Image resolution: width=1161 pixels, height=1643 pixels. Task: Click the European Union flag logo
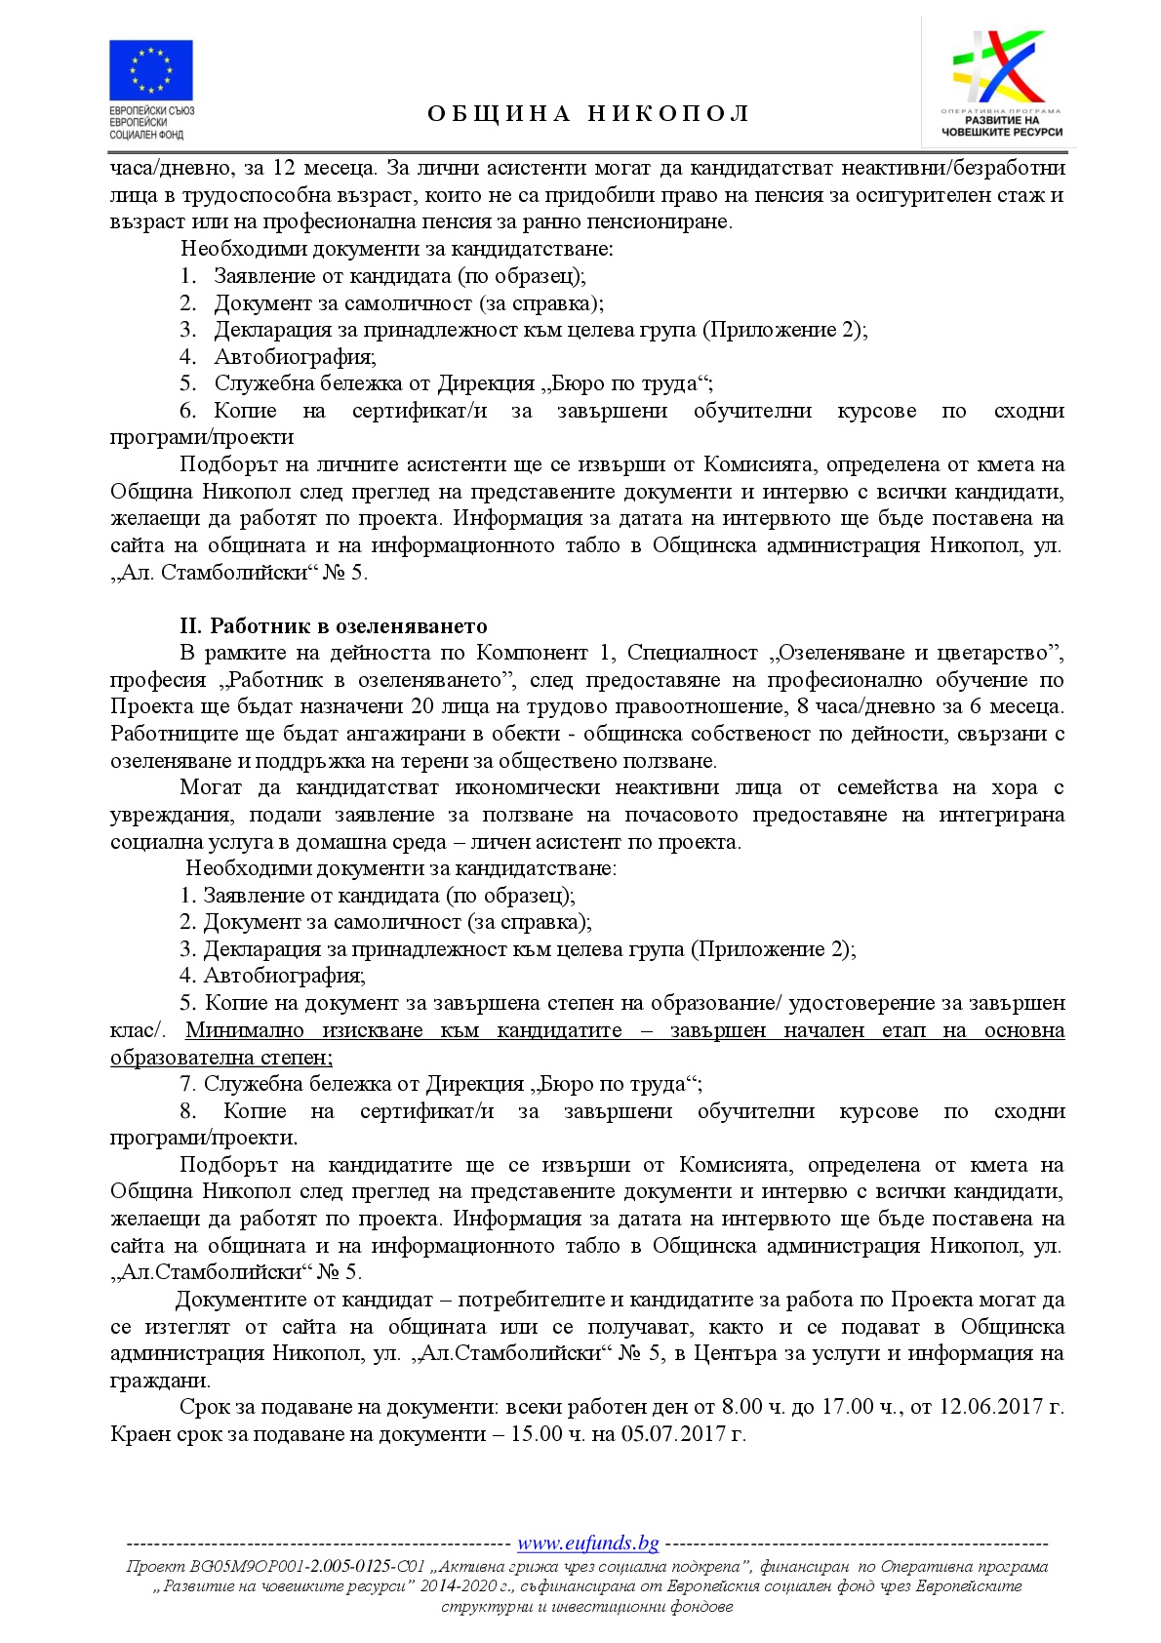pos(150,69)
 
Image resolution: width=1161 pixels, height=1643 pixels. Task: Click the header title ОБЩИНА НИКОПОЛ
pos(588,114)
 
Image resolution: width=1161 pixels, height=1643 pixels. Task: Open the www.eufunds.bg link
pos(587,1543)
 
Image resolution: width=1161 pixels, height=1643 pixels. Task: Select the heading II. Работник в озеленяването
pos(334,625)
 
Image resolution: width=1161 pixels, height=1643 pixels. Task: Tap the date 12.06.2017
pos(987,1407)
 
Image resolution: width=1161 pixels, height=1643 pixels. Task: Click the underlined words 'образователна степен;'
pos(221,1058)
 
